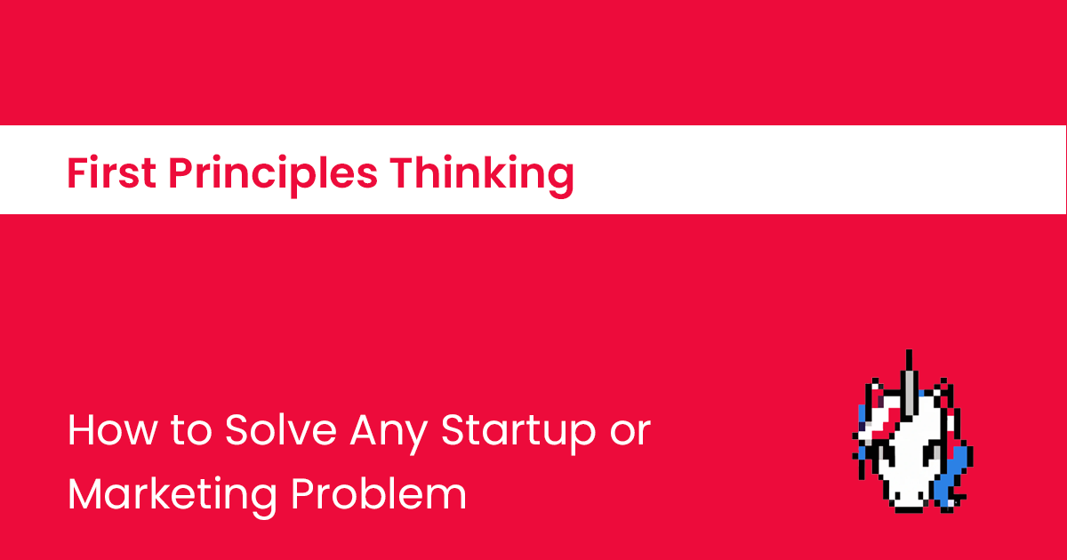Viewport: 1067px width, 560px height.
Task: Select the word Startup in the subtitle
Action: [517, 433]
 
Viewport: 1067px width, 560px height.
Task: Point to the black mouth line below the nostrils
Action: [909, 508]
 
